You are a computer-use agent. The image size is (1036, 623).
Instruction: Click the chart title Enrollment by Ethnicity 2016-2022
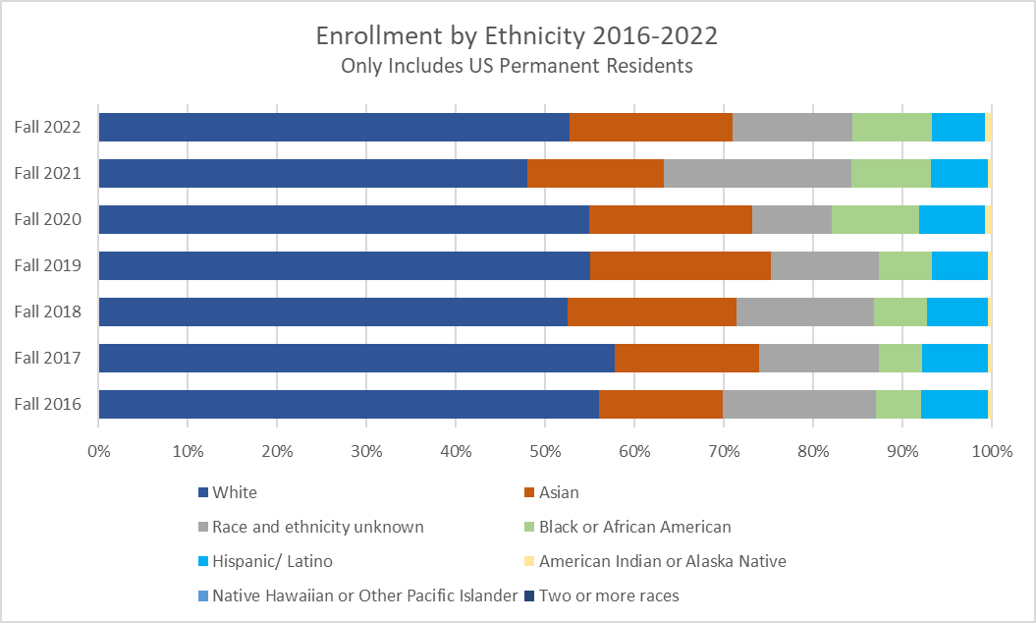[x=517, y=36]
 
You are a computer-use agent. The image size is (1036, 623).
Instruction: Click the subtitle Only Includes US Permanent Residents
[x=517, y=67]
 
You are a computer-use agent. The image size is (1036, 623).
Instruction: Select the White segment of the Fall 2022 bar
[x=334, y=127]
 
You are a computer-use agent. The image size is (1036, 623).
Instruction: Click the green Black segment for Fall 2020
[x=875, y=219]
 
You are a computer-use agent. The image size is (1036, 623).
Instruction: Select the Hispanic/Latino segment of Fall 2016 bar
[x=954, y=404]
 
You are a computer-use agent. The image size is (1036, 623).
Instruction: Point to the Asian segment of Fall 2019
[x=680, y=265]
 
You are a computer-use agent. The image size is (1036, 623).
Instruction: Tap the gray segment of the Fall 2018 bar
[x=804, y=311]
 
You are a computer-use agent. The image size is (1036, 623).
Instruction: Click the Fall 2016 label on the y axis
[x=54, y=404]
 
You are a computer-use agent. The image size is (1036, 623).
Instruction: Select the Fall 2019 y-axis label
[x=54, y=265]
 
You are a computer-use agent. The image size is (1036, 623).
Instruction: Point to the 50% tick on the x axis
[x=545, y=452]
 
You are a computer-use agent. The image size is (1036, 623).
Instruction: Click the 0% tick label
[x=98, y=452]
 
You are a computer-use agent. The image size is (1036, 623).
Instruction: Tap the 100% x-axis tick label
[x=991, y=452]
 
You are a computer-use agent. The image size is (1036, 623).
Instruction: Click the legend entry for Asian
[x=559, y=492]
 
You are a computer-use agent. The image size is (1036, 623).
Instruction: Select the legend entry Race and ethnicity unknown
[x=317, y=527]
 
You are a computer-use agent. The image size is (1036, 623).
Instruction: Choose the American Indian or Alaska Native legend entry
[x=662, y=561]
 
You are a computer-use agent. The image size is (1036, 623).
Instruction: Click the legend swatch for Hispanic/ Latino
[x=203, y=561]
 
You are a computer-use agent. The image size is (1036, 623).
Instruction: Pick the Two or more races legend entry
[x=608, y=595]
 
